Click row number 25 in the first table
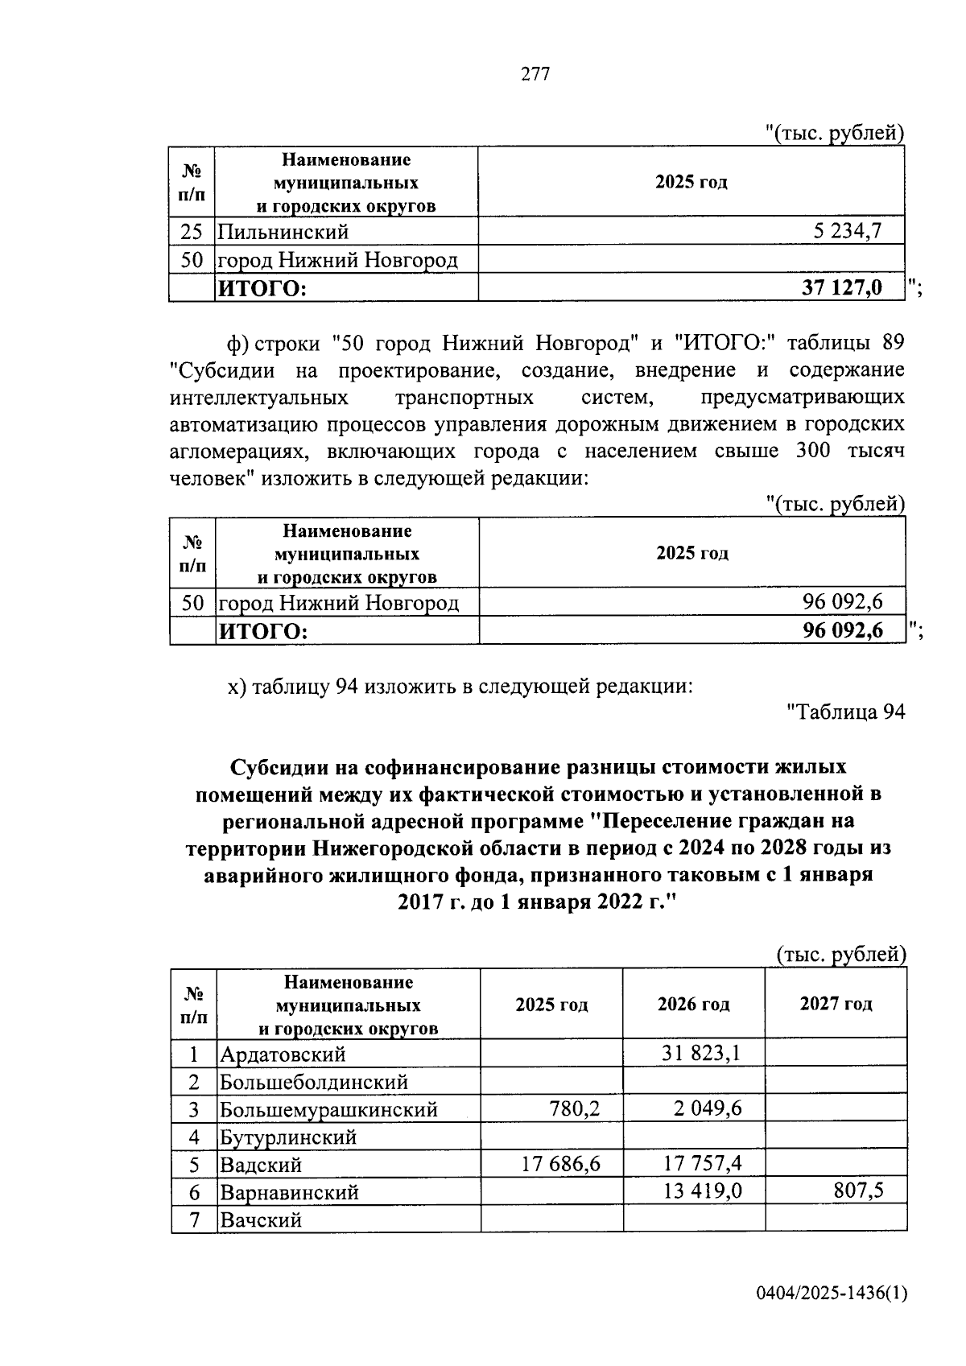coord(192,232)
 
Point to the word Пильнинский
coord(283,232)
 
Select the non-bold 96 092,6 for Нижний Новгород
coord(842,602)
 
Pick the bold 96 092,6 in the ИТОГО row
coord(842,630)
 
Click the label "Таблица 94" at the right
coord(845,712)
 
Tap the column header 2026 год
coord(693,1004)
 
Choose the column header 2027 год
coord(836,1004)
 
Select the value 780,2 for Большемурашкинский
coord(574,1109)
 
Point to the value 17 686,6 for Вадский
coord(561,1164)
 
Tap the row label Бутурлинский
coord(288,1137)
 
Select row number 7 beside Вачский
coord(194,1219)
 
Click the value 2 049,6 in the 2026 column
coord(708,1109)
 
